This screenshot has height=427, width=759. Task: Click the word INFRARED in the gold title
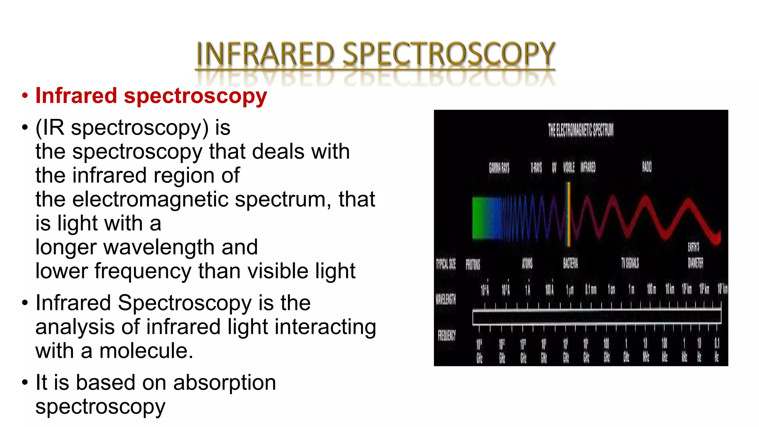[x=265, y=54]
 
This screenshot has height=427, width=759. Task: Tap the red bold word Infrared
[x=76, y=96]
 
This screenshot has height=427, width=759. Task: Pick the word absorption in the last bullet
[x=225, y=383]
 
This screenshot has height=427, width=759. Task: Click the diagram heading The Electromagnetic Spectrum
[x=581, y=130]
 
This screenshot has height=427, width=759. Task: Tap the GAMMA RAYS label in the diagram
[x=499, y=168]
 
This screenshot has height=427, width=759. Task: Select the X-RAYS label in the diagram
[x=536, y=168]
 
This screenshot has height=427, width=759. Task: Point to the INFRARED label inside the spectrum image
[x=588, y=168]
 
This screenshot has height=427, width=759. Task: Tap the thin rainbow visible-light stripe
[x=568, y=215]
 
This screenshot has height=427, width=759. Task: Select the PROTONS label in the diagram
[x=473, y=264]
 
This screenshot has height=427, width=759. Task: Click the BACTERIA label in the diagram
[x=570, y=263]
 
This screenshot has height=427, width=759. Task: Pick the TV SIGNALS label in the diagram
[x=630, y=263]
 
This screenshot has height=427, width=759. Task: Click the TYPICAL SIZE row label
[x=446, y=264]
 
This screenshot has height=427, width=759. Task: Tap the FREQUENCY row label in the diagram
[x=447, y=335]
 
